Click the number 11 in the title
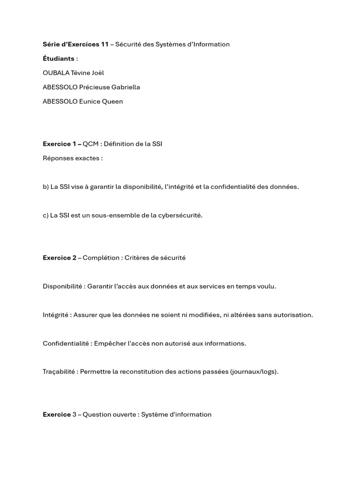point(105,45)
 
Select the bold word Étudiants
point(59,59)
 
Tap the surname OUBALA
point(56,73)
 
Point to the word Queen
point(112,102)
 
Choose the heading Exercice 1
point(60,144)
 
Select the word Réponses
point(58,158)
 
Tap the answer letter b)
point(45,187)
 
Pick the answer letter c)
point(45,215)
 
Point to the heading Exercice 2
point(60,258)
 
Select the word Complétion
point(101,258)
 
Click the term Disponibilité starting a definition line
point(63,286)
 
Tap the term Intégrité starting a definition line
point(56,315)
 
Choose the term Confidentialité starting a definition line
point(66,344)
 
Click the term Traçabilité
point(59,372)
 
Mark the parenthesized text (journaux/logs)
point(255,372)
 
